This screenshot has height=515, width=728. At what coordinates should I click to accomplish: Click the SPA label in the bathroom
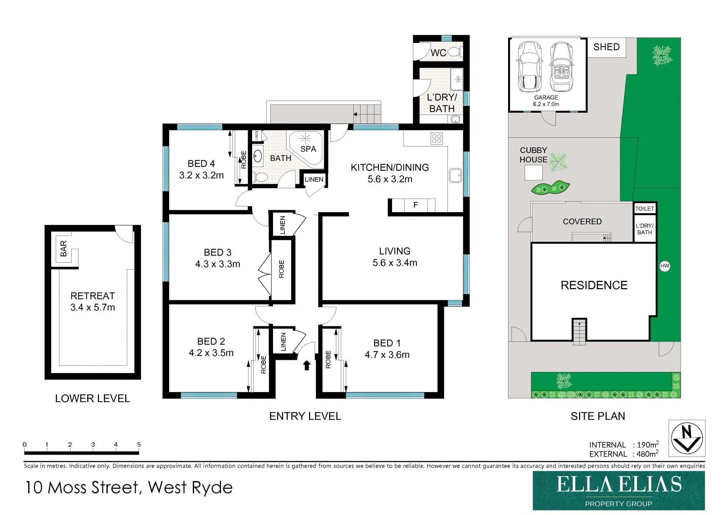(308, 149)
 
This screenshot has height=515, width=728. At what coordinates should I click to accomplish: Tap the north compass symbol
(687, 438)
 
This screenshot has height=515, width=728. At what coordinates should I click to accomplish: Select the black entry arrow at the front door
(307, 365)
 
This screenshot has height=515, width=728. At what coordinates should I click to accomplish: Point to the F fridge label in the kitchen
(416, 205)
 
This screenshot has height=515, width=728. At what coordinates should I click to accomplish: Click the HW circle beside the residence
(665, 266)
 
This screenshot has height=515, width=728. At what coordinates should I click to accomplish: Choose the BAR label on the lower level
(64, 249)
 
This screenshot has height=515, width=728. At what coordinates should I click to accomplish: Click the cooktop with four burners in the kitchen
(437, 139)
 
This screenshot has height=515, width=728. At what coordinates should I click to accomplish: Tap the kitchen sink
(455, 175)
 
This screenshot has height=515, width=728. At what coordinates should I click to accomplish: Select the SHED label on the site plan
(606, 47)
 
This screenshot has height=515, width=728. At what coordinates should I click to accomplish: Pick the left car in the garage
(530, 67)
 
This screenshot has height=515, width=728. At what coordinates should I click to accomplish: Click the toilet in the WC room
(455, 52)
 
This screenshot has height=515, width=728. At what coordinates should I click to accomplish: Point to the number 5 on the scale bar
(139, 444)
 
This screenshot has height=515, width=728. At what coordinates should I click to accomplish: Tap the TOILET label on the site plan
(645, 209)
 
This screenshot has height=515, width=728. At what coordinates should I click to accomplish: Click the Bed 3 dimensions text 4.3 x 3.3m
(218, 264)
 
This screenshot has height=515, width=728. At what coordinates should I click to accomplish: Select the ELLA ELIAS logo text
(619, 485)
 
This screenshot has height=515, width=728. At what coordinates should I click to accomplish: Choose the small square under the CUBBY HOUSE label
(533, 173)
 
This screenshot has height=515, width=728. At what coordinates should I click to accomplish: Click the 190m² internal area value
(648, 444)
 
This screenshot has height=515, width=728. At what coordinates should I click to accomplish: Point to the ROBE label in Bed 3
(281, 269)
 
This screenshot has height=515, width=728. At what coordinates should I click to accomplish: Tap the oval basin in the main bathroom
(257, 156)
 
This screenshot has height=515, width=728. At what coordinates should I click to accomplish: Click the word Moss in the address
(67, 488)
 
